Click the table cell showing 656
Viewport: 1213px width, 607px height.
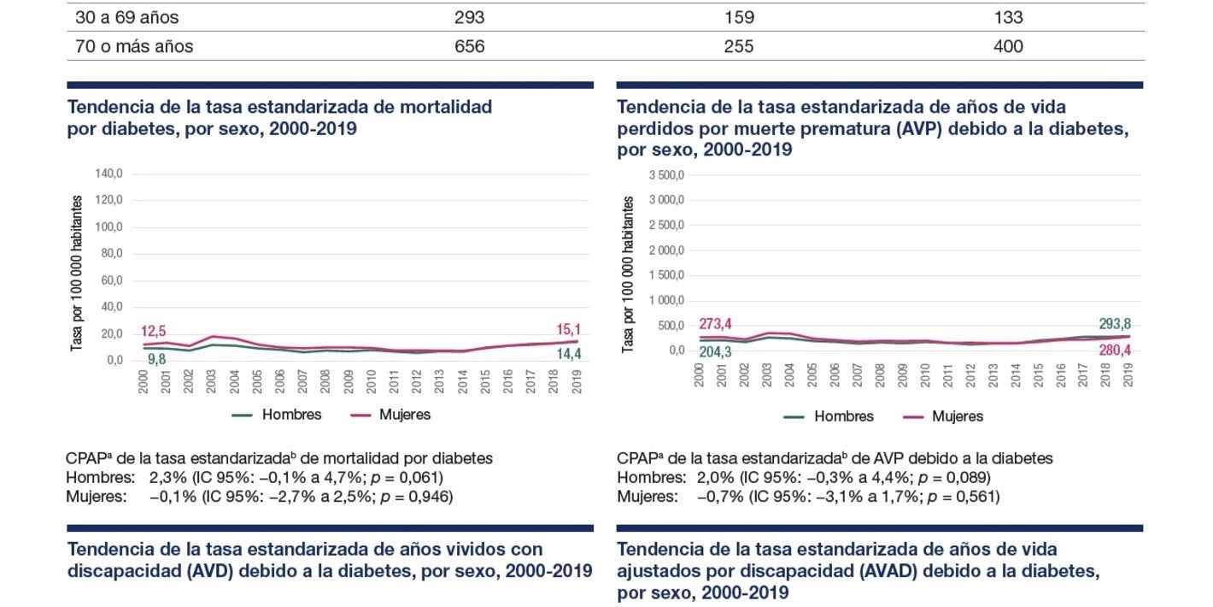[470, 46]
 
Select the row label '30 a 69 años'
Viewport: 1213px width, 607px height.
[127, 17]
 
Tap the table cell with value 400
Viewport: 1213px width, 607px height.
[1008, 46]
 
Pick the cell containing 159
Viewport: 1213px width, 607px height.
[738, 17]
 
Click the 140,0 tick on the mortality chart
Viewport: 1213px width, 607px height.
[109, 174]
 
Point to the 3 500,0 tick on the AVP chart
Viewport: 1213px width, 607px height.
[666, 175]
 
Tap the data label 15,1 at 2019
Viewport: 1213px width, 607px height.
[567, 329]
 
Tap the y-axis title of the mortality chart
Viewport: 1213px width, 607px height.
[77, 274]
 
